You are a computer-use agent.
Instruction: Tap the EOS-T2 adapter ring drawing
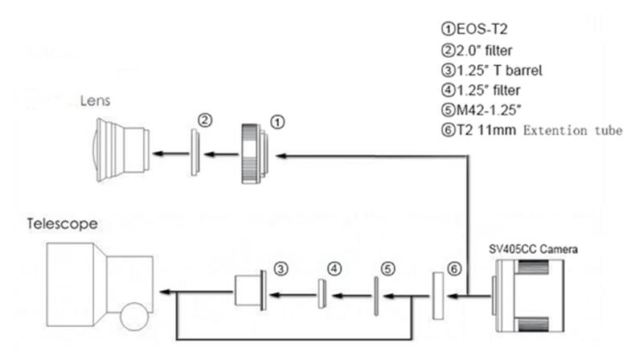256,153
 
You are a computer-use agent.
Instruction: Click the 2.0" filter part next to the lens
195,152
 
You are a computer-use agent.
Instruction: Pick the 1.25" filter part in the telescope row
321,293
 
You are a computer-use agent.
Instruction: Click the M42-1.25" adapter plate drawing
375,293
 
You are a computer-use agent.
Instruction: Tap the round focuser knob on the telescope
133,316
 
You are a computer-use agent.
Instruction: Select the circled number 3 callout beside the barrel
281,267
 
